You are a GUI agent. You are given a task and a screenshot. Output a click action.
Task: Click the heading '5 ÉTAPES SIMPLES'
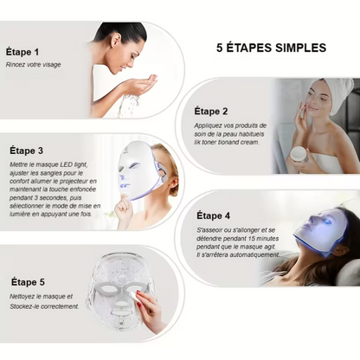coord(271,48)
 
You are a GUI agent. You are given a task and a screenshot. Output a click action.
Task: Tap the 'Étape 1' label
coord(22,52)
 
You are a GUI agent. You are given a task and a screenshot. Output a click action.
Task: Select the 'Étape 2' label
coord(211,112)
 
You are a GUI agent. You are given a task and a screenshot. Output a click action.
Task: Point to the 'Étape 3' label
coord(26,151)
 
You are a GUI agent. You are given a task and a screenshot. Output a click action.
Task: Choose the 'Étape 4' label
coord(214,215)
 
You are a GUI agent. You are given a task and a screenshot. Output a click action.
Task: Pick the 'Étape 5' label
coord(28,282)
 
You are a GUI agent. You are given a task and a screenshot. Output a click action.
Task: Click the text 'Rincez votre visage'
coord(34,65)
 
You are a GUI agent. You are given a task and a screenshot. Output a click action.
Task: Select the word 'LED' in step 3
coord(66,164)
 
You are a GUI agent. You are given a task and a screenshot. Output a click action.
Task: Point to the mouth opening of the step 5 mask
coord(122,312)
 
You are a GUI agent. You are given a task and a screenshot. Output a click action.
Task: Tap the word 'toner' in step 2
coord(210,142)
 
